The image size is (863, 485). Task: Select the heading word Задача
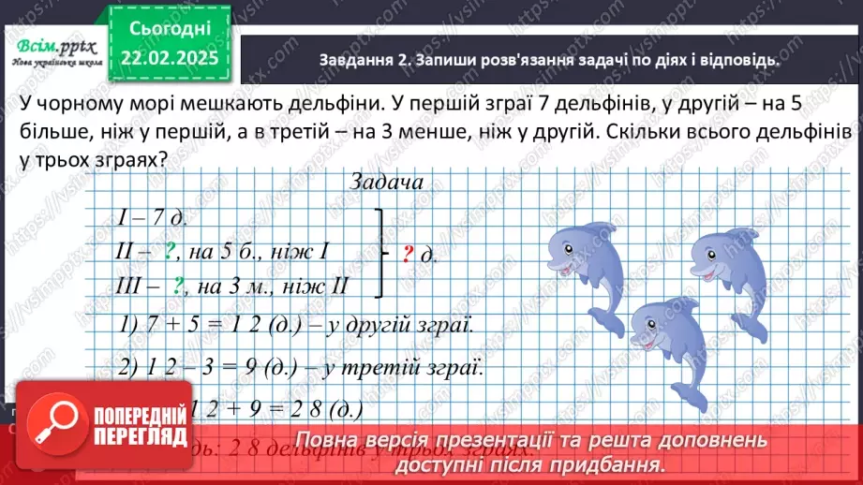point(385,182)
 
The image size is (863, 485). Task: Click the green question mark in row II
point(171,250)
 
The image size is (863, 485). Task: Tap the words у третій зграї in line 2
point(416,367)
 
